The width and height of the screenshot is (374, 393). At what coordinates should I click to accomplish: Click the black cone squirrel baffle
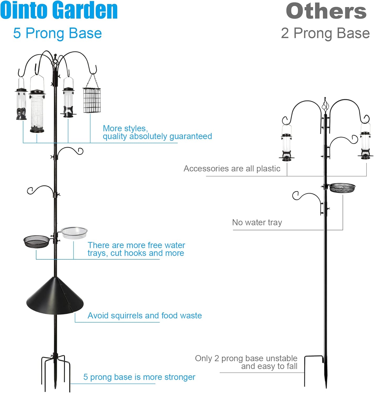(55, 296)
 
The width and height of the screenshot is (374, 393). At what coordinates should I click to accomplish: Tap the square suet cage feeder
(92, 100)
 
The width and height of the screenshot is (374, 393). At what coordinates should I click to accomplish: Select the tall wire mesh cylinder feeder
(37, 111)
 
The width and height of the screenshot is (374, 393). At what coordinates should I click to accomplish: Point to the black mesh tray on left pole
(36, 241)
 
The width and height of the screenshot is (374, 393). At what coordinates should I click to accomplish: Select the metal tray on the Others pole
(342, 188)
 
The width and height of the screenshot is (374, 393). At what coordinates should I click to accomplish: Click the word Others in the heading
(326, 11)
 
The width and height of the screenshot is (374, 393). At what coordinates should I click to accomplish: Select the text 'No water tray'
(257, 222)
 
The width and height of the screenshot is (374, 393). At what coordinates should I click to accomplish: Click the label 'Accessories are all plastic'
(232, 168)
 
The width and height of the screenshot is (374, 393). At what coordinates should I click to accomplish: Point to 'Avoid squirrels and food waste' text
(145, 315)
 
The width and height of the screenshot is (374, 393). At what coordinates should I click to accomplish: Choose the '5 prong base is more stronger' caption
(139, 377)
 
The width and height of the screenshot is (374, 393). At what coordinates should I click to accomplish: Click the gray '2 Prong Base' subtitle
(325, 33)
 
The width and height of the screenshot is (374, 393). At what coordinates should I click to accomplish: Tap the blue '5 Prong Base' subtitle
(57, 33)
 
